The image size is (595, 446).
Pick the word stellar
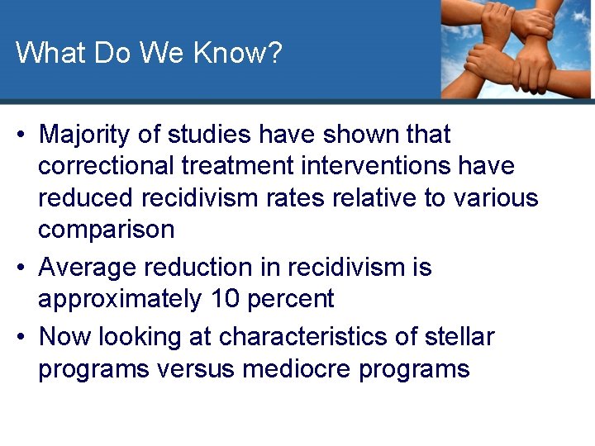(458, 337)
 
